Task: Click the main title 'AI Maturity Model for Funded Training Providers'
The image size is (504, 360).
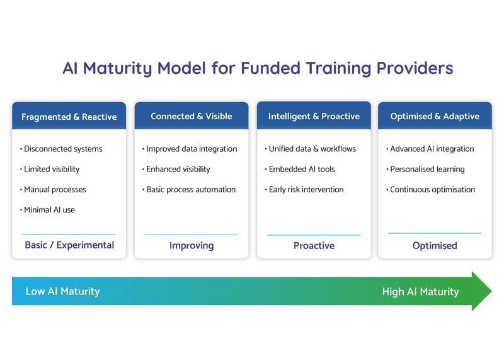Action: click(x=258, y=68)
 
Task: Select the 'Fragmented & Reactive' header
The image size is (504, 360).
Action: click(x=69, y=117)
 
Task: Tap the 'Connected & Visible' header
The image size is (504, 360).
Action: click(x=192, y=116)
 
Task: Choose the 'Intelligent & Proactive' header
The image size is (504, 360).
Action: click(x=314, y=116)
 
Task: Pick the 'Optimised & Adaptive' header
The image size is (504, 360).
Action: click(x=435, y=116)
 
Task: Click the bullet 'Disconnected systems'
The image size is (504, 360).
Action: click(x=62, y=149)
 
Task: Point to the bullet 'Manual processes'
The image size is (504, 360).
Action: click(x=55, y=189)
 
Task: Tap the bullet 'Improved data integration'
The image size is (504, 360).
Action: click(x=192, y=149)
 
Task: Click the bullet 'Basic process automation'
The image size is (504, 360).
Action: click(x=191, y=189)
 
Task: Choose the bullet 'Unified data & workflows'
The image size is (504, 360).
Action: click(x=312, y=149)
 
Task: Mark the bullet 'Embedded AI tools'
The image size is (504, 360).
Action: click(x=302, y=169)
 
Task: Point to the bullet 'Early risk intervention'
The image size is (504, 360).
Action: click(x=306, y=189)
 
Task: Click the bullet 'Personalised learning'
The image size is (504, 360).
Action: click(x=427, y=169)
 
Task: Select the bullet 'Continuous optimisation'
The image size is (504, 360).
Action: click(x=432, y=189)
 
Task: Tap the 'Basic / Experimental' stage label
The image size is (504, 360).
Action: click(x=69, y=245)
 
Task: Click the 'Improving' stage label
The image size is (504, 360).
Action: click(x=192, y=245)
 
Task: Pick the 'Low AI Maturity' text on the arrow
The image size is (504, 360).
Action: click(x=62, y=291)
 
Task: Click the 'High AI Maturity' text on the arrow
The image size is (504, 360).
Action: click(x=420, y=291)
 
